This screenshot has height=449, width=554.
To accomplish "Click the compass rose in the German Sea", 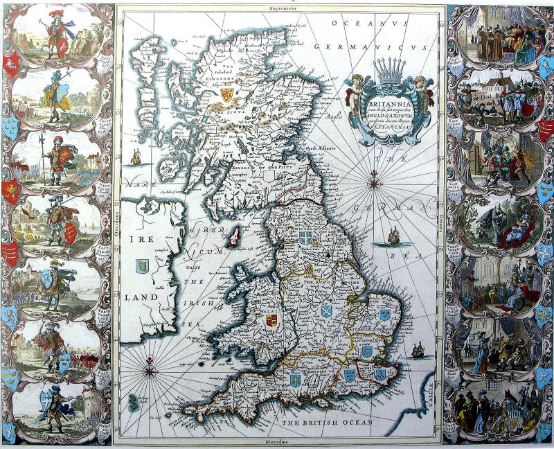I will click(x=375, y=184).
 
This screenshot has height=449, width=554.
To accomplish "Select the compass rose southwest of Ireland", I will click(x=150, y=371).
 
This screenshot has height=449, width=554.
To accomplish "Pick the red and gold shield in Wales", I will click(x=271, y=320).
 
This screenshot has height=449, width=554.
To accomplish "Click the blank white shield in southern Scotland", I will click(x=270, y=178).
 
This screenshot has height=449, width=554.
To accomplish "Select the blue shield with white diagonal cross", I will click(x=326, y=310).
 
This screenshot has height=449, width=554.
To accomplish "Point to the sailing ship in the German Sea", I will click(x=394, y=238).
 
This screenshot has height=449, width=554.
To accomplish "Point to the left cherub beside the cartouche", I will click(x=354, y=92).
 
